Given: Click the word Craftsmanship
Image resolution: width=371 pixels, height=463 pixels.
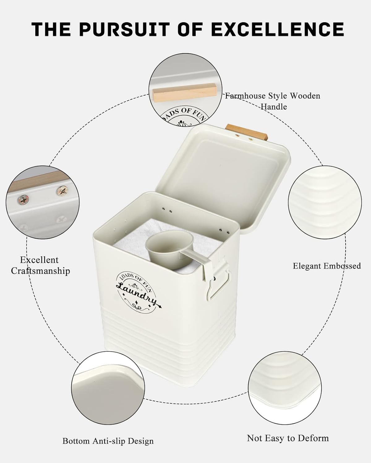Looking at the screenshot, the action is (41, 271).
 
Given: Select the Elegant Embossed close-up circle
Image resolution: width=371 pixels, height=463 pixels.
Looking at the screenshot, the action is (325, 202).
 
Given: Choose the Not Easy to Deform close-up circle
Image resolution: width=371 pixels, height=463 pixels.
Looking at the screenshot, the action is (284, 388).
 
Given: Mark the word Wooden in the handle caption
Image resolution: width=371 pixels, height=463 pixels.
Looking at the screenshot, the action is (305, 96).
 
